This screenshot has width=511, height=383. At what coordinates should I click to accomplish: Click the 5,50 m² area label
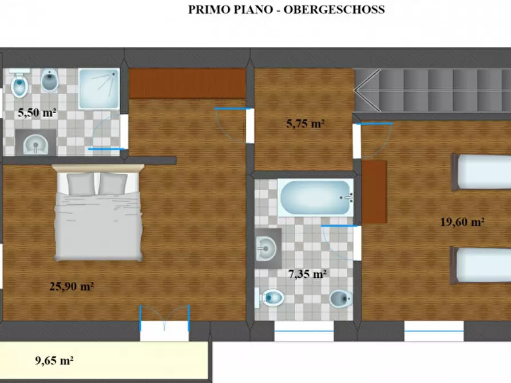37,113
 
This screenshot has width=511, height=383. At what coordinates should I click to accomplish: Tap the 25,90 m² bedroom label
72,286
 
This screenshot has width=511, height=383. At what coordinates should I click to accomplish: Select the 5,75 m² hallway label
306,123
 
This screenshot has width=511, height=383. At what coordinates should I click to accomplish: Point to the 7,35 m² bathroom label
307,274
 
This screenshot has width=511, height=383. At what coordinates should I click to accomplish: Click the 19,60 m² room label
462,222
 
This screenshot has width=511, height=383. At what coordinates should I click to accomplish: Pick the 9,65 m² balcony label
54,361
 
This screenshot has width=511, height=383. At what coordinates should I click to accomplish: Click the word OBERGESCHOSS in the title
334,10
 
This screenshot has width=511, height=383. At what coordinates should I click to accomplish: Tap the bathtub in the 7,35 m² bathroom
315,198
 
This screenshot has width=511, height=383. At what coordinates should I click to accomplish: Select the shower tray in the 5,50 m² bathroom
99,89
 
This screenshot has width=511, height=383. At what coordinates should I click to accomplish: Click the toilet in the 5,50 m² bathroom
19,83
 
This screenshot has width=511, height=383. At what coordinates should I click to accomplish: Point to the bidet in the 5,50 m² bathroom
50,81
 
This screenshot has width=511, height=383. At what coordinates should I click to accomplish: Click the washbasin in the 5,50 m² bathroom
36,143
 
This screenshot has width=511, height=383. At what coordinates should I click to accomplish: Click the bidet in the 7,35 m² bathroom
341,298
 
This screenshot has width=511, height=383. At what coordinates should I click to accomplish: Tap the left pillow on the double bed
81,183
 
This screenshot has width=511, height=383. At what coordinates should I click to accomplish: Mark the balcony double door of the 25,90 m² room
165,323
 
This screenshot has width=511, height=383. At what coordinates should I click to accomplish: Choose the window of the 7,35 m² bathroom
304,331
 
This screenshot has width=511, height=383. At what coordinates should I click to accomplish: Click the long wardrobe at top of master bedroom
187,83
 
